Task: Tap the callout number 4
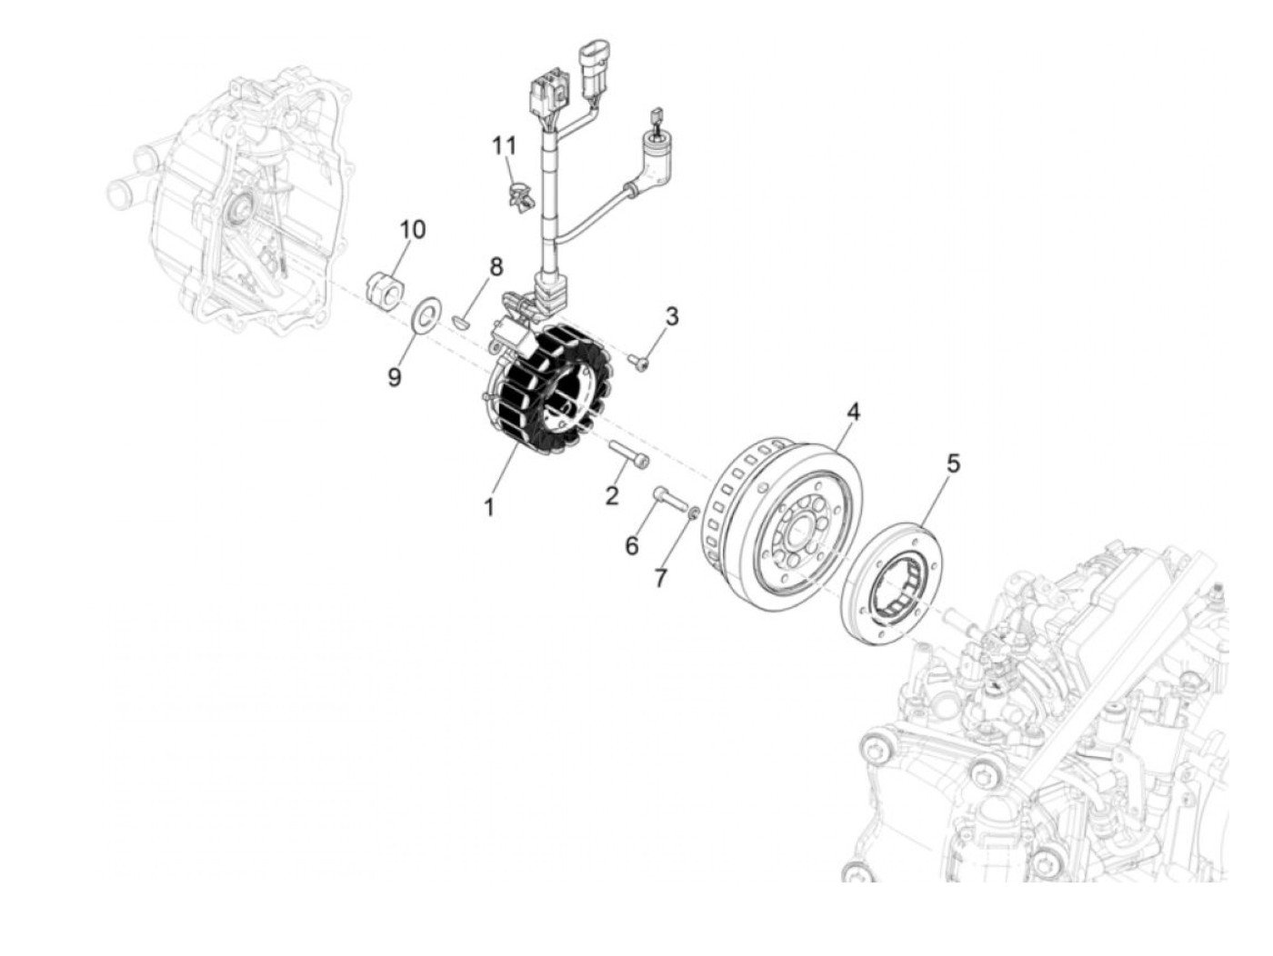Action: coord(852,412)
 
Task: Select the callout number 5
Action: coord(952,463)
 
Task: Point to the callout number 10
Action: coord(412,229)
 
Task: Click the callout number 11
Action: coord(504,145)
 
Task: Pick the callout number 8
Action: coord(496,267)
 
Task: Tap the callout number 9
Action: coord(395,377)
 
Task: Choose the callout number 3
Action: coord(671,317)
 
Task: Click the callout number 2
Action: coord(612,495)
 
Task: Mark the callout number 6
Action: coord(632,545)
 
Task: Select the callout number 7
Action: coord(661,577)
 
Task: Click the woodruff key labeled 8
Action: coord(462,319)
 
